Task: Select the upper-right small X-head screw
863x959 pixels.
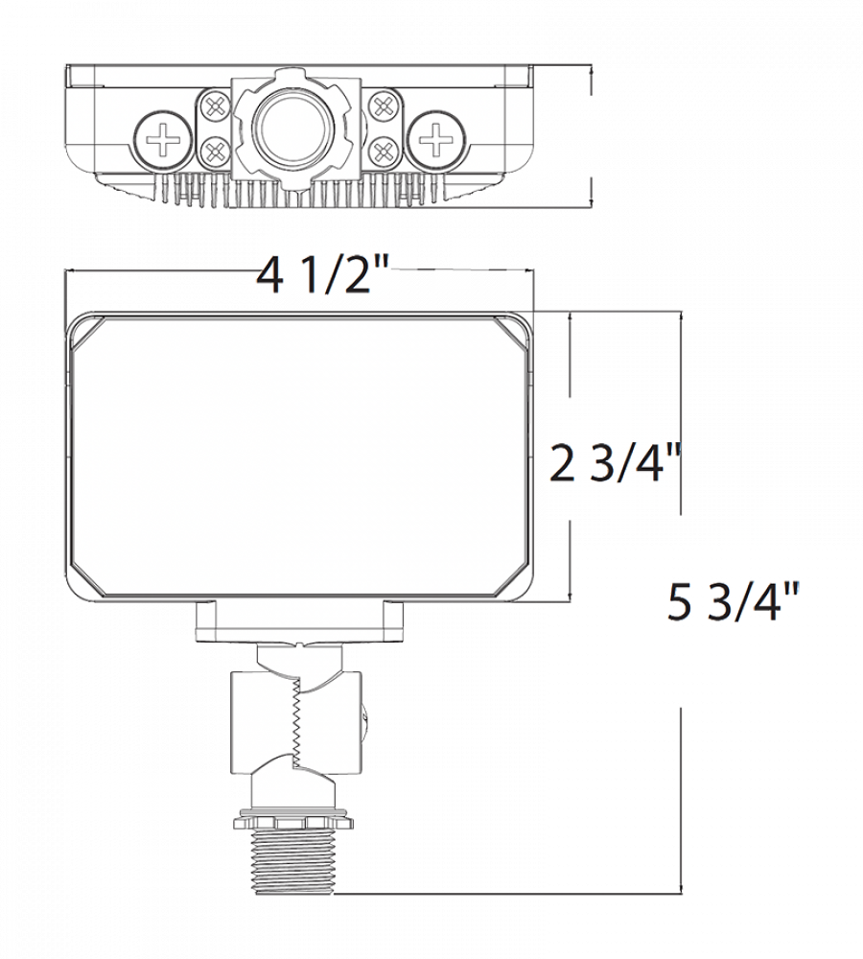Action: coord(385,105)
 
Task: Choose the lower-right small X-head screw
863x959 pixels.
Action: coord(385,150)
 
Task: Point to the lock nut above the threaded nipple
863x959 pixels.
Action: coord(294,820)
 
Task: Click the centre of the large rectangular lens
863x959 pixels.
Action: coord(299,456)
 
